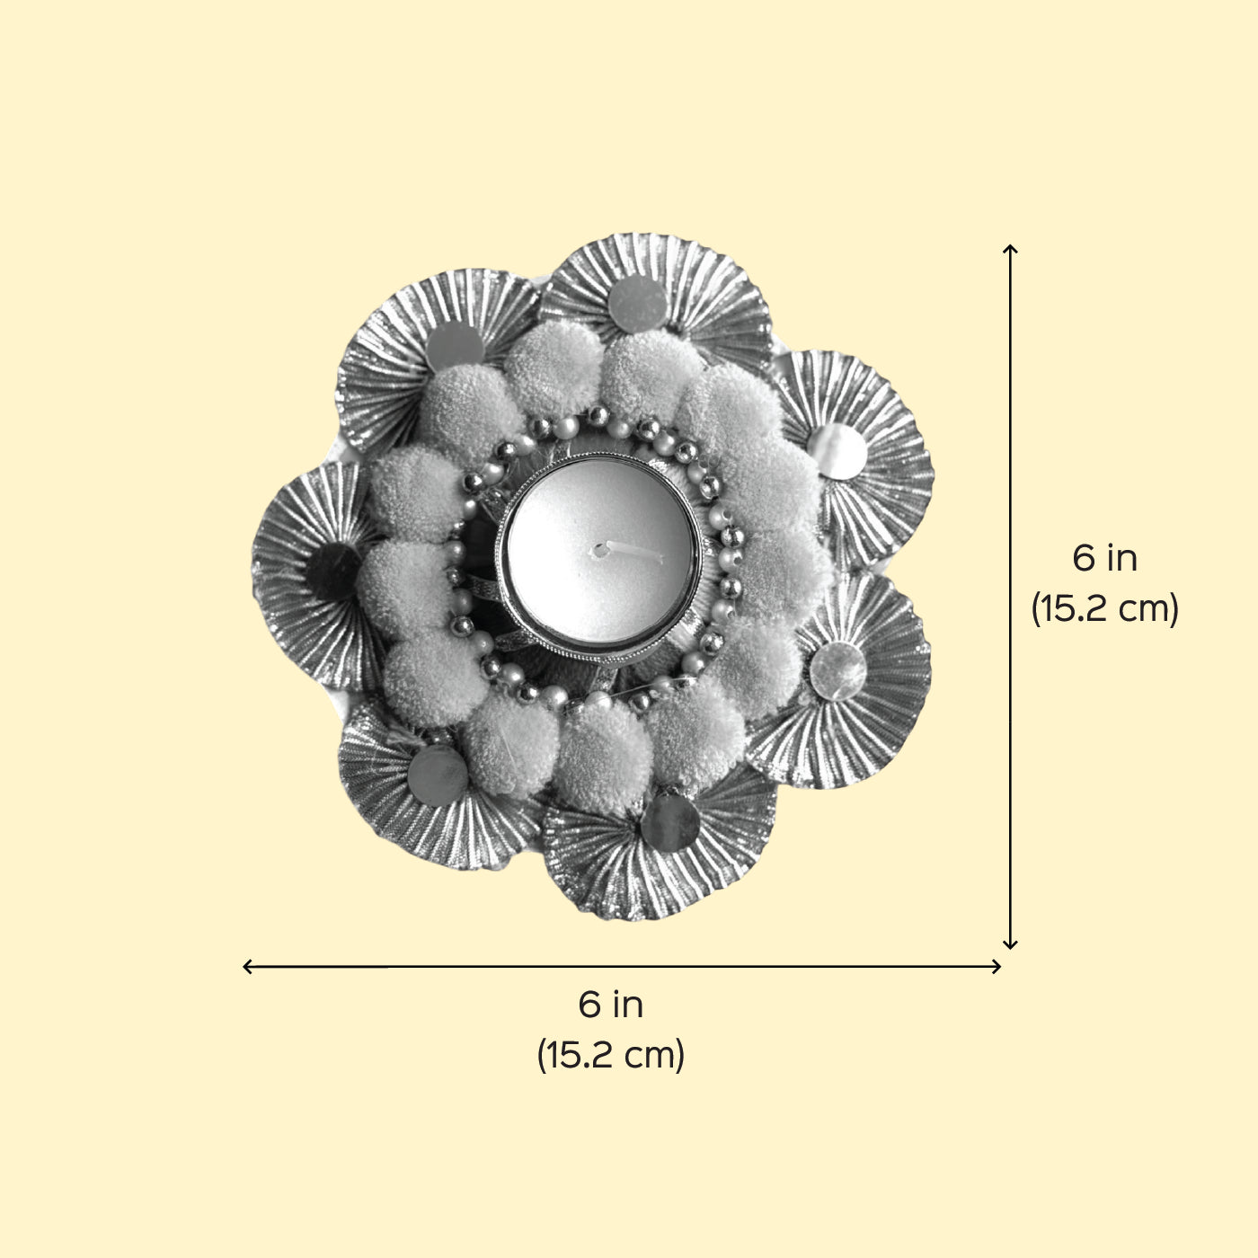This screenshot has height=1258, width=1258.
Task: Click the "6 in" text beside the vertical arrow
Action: click(1104, 559)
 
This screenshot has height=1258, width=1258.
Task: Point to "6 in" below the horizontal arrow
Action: click(610, 1005)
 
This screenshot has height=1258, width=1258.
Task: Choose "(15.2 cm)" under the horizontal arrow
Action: click(610, 1055)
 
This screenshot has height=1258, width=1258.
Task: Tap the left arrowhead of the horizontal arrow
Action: click(247, 966)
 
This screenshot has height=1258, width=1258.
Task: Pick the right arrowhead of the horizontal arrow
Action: click(997, 966)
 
